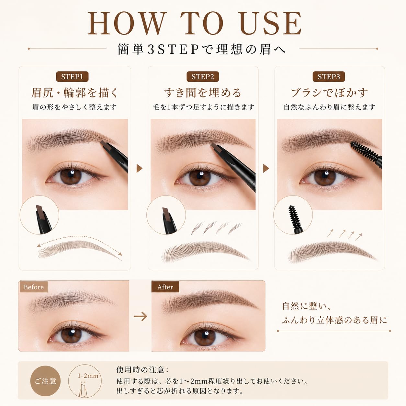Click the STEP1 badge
[72, 77]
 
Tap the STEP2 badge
[203, 77]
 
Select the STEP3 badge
[329, 77]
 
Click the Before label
[33, 287]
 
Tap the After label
[165, 287]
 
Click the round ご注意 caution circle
[46, 381]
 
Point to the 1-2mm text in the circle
[88, 376]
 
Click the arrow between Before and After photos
[140, 316]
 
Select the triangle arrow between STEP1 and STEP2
[140, 168]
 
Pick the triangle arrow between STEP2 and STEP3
[266, 168]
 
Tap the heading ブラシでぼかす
[329, 93]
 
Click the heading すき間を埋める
[203, 93]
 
